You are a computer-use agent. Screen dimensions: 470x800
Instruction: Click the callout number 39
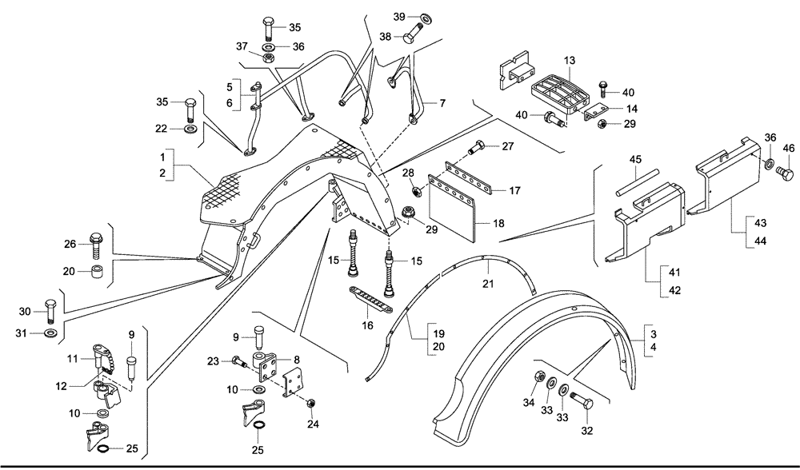[400, 17]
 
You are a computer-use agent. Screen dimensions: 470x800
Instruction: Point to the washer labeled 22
[190, 128]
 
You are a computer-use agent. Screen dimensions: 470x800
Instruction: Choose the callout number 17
[515, 190]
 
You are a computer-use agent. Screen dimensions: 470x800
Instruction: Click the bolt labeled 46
[786, 174]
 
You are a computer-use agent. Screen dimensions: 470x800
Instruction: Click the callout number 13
[569, 61]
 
